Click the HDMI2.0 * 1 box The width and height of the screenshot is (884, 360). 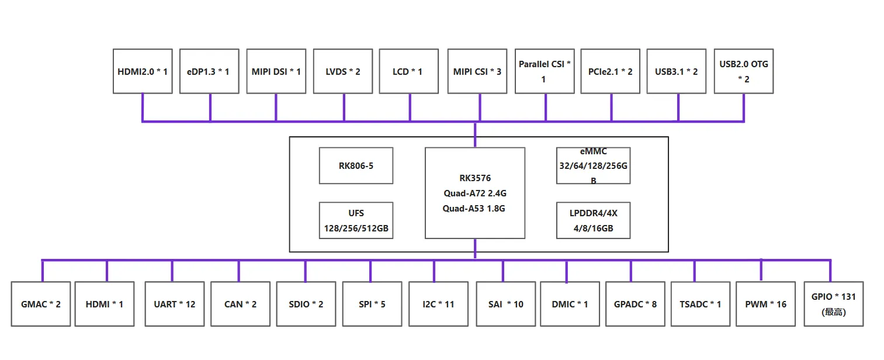143,71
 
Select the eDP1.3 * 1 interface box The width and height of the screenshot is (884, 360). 209,71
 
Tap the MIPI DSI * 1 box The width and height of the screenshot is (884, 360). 276,71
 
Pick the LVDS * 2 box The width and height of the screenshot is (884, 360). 343,71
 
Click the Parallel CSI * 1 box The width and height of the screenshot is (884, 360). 545,71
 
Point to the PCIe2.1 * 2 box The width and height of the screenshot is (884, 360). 611,71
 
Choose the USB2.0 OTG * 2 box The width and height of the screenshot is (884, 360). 744,71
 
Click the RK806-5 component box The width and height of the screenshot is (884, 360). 356,165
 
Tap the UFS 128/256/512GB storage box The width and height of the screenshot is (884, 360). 356,220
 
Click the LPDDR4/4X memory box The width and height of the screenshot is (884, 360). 593,220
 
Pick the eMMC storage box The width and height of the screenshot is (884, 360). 593,165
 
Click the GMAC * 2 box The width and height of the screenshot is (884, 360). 41,304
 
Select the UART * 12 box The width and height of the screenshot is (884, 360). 174,304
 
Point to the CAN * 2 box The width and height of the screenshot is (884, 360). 240,304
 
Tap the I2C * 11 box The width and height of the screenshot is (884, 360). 438,304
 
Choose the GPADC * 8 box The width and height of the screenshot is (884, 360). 635,304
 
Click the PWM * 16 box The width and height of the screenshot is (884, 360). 765,304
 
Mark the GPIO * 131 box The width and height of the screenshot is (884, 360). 834,304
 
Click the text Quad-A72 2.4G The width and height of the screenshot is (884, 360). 474,193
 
